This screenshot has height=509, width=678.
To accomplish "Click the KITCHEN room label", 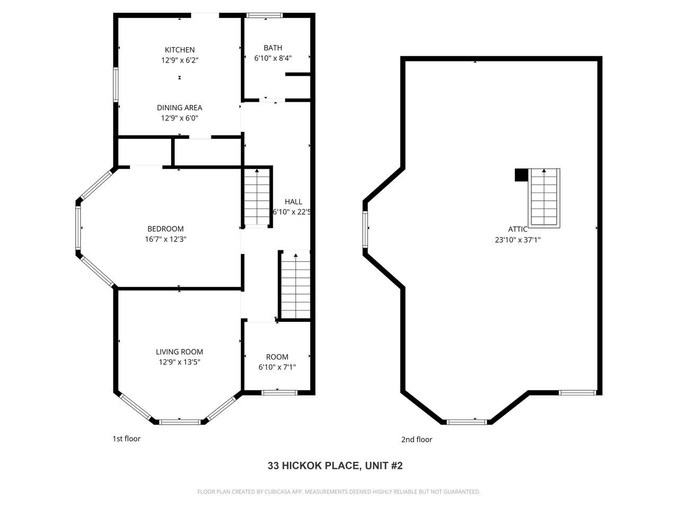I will point(180,50).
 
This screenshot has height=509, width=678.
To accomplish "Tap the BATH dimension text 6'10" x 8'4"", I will point(273,58).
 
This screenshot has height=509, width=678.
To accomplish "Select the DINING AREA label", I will point(180,108).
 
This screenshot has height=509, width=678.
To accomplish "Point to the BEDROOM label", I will point(165,229).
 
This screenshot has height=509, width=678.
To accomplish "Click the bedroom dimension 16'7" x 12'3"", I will point(165,239).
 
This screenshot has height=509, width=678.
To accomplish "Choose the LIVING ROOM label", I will point(180,352).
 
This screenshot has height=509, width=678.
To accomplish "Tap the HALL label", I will point(293,201).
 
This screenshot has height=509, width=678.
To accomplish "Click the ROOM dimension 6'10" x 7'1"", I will point(277,367).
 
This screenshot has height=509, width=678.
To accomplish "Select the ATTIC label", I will point(518,229).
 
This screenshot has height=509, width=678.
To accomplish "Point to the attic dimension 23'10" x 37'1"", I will point(518,240).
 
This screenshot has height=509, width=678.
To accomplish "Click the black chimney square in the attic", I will point(521,175).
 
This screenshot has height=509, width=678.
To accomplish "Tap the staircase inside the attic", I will point(545,198).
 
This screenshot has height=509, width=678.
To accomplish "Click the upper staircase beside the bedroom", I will point(257,197).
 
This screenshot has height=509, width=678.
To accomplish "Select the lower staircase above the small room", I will point(295,285).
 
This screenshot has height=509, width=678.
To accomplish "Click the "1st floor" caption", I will point(127,438).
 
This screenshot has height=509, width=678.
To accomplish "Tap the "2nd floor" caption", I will point(416,440).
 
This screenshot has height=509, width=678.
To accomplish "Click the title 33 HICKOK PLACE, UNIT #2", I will point(335,466).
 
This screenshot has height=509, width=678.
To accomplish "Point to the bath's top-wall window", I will point(265,15).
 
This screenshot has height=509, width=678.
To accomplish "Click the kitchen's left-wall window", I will point(115,84).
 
